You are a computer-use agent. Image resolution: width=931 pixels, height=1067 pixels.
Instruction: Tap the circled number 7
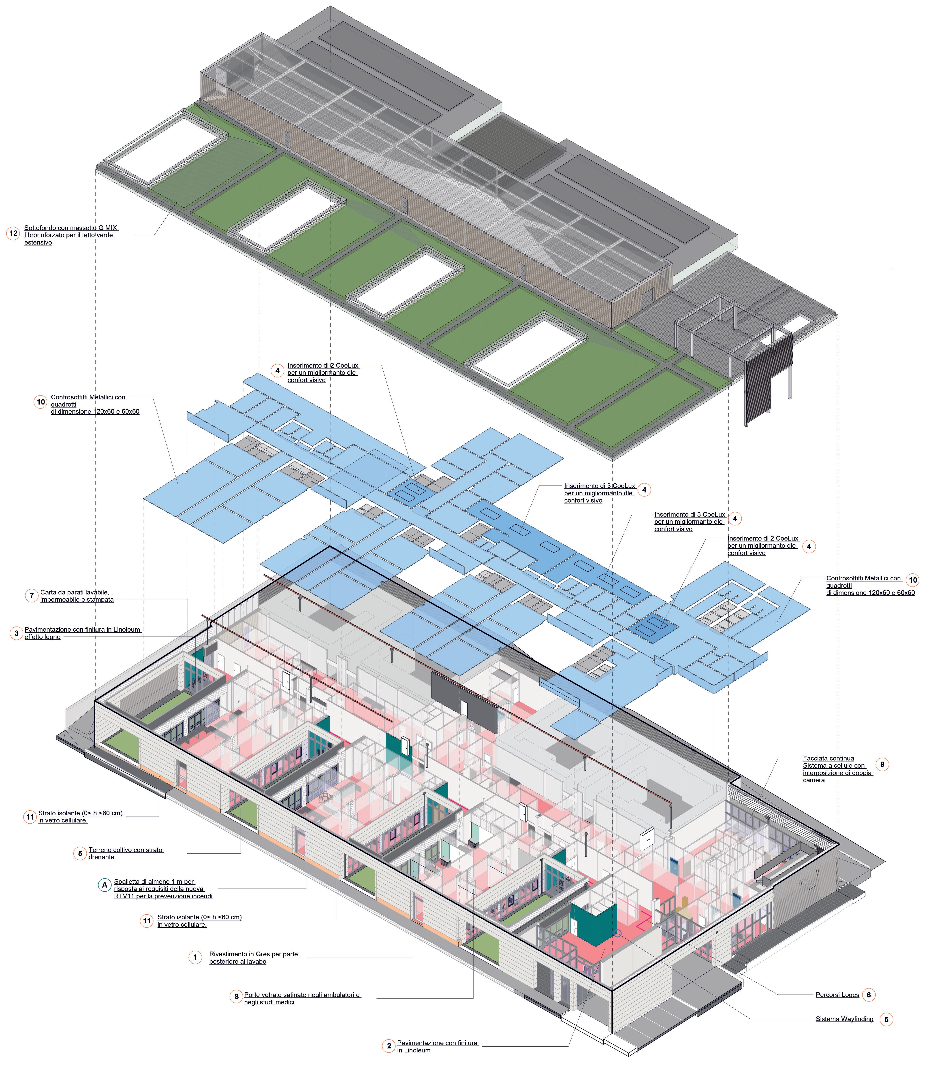(x=32, y=596)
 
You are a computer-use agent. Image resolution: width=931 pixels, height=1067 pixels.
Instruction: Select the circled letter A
(x=105, y=885)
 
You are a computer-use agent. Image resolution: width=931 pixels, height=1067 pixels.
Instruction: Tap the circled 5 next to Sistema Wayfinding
(x=886, y=1019)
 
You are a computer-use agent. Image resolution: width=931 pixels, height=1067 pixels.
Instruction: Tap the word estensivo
(x=38, y=243)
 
